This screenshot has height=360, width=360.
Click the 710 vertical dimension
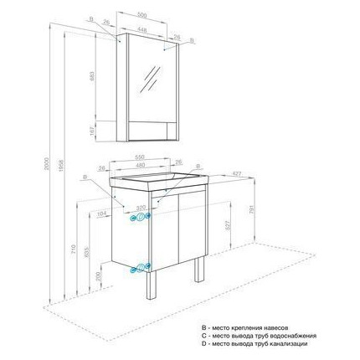coord(75,250)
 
